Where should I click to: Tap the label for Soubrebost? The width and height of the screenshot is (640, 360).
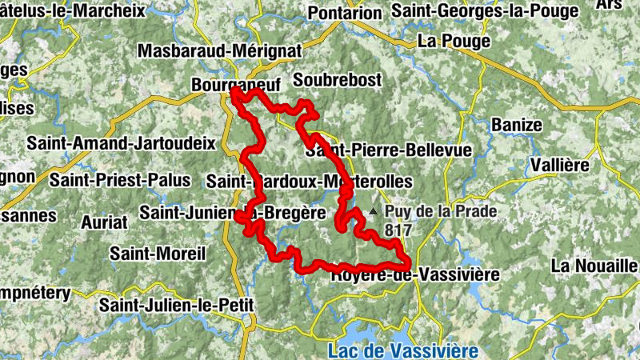[x=338, y=80]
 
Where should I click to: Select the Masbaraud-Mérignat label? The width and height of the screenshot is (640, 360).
[x=220, y=50]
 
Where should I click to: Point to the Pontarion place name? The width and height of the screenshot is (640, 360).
[x=345, y=13]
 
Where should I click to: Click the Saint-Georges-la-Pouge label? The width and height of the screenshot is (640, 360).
[x=485, y=11]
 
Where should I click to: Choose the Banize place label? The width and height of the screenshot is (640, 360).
[x=517, y=126]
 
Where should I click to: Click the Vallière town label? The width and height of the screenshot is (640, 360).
[x=560, y=166]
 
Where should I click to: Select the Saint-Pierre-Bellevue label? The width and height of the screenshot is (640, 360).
[x=390, y=150]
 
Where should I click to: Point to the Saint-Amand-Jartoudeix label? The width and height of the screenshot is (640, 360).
[x=122, y=143]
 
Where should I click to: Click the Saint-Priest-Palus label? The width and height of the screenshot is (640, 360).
[x=120, y=180]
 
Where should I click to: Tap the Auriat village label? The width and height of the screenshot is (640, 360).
[x=104, y=221]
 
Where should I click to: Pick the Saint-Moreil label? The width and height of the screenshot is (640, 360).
[x=158, y=254]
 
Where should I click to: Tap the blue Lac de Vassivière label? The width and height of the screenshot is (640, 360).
[x=403, y=350]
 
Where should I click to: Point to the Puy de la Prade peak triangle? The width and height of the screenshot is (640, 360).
[x=373, y=212]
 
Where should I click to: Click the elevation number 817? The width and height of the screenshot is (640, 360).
[x=398, y=230]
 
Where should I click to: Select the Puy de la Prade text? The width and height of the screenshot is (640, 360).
[x=441, y=212]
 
